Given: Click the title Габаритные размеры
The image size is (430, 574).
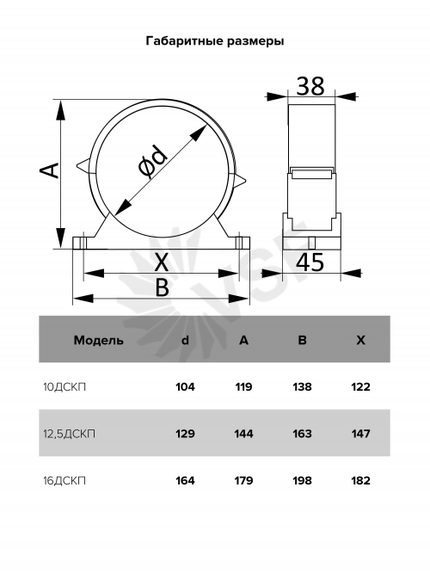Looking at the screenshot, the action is click(x=215, y=41).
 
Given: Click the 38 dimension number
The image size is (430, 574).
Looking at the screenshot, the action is click(x=310, y=86).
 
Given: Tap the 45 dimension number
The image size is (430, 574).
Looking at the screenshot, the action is click(x=310, y=262).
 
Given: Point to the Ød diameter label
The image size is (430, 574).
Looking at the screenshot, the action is click(x=152, y=160).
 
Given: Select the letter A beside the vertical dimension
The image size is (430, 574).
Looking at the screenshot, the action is click(x=49, y=170).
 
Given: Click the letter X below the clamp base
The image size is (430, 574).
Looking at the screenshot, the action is click(x=161, y=262).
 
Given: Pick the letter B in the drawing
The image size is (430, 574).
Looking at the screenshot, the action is click(x=163, y=287).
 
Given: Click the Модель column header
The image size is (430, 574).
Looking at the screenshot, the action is click(x=98, y=340).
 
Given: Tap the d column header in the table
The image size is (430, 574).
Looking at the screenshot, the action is click(x=186, y=340).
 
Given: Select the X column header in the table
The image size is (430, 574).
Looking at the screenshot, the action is click(x=361, y=340).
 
